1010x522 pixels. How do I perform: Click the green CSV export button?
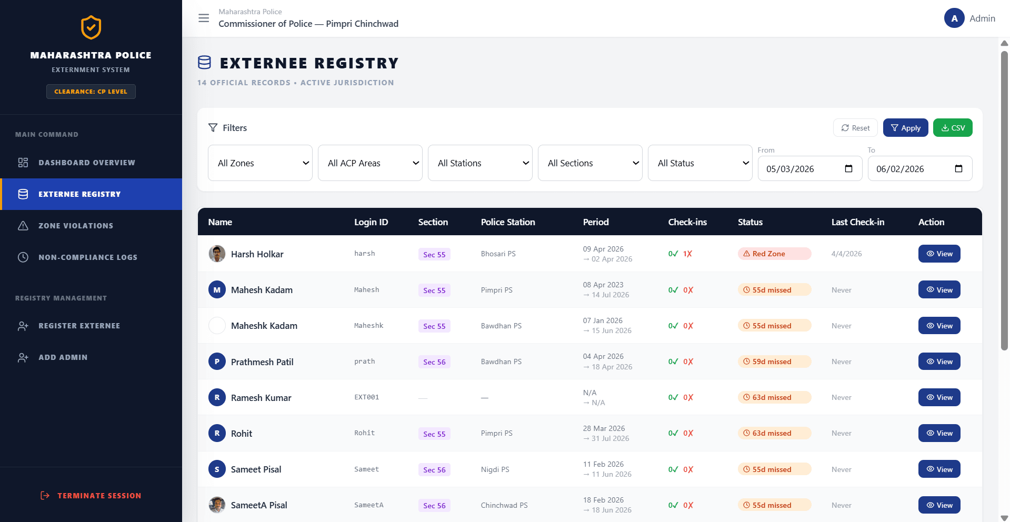click(953, 128)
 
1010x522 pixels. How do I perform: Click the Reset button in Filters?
click(855, 128)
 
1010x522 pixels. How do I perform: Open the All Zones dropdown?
click(260, 163)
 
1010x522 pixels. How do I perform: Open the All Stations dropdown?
click(480, 163)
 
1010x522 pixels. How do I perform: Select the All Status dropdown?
click(700, 163)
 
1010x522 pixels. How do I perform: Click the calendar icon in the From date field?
click(848, 168)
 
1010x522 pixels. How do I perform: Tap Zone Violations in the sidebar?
click(76, 226)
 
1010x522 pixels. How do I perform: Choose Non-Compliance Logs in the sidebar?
click(88, 257)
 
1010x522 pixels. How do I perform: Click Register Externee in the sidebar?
click(79, 326)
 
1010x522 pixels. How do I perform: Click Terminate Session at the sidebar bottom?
click(91, 496)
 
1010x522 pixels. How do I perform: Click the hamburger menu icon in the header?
click(204, 18)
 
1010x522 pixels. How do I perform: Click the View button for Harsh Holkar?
click(939, 254)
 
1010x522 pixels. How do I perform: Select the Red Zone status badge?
click(774, 254)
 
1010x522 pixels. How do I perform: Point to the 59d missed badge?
click(774, 362)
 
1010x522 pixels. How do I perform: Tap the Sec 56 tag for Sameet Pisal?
click(434, 470)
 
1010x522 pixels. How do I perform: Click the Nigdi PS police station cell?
click(495, 469)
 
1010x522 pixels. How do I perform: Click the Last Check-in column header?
click(858, 222)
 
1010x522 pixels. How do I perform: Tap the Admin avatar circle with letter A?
click(954, 18)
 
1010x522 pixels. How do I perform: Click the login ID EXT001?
click(367, 397)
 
